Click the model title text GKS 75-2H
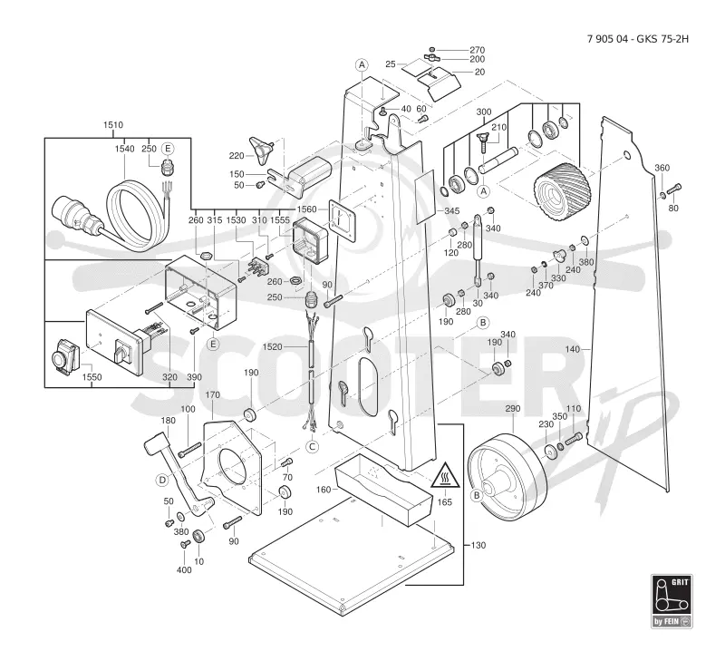[662, 39]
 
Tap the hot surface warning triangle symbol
[445, 475]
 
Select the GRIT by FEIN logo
[672, 601]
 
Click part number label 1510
[113, 125]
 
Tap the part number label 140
[573, 349]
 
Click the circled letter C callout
[313, 446]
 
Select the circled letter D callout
[163, 481]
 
